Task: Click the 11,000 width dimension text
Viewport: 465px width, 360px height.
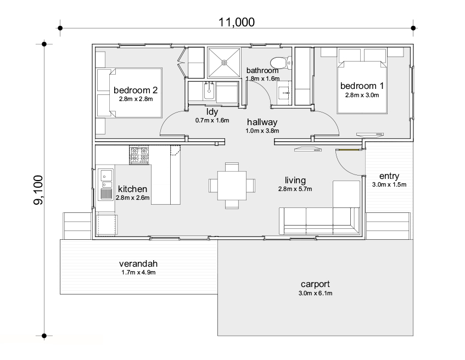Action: point(237,22)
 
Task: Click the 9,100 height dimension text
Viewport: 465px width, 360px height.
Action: point(38,190)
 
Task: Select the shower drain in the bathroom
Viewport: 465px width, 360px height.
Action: point(224,62)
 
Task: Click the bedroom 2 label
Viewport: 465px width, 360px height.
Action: point(136,90)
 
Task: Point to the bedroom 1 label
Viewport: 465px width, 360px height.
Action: point(362,86)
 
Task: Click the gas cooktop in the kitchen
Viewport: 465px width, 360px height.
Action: point(139,155)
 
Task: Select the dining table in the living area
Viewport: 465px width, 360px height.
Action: point(232,185)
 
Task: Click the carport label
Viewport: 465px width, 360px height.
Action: point(315,284)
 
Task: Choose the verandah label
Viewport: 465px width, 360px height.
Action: point(138,263)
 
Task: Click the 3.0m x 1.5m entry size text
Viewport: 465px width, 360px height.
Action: point(389,184)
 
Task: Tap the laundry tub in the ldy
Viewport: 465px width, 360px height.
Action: point(209,91)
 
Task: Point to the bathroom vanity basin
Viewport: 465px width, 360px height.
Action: point(285,93)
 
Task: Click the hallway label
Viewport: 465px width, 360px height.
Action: point(262,122)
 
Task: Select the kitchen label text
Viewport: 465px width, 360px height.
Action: point(132,189)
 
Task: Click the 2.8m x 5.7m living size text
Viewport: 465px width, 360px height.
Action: point(295,189)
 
